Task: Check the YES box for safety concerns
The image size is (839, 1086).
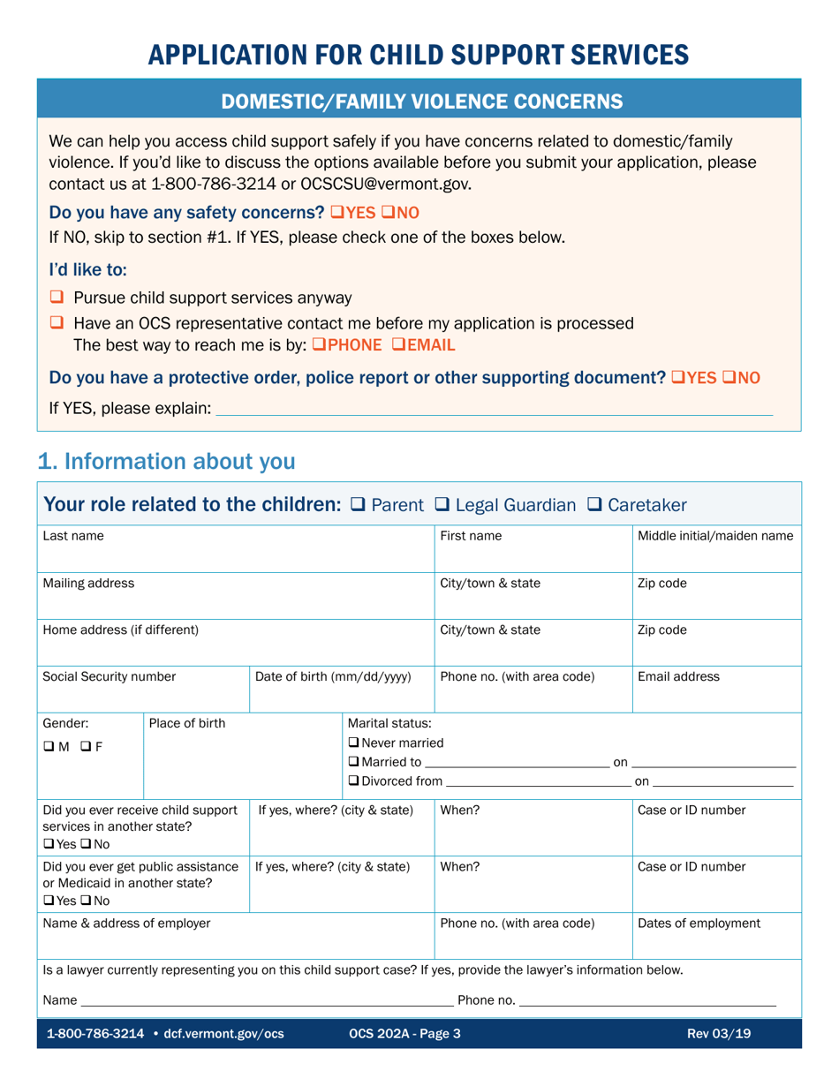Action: click(336, 213)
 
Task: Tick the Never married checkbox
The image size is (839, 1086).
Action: click(355, 742)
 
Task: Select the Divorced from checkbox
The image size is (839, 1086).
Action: click(355, 781)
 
